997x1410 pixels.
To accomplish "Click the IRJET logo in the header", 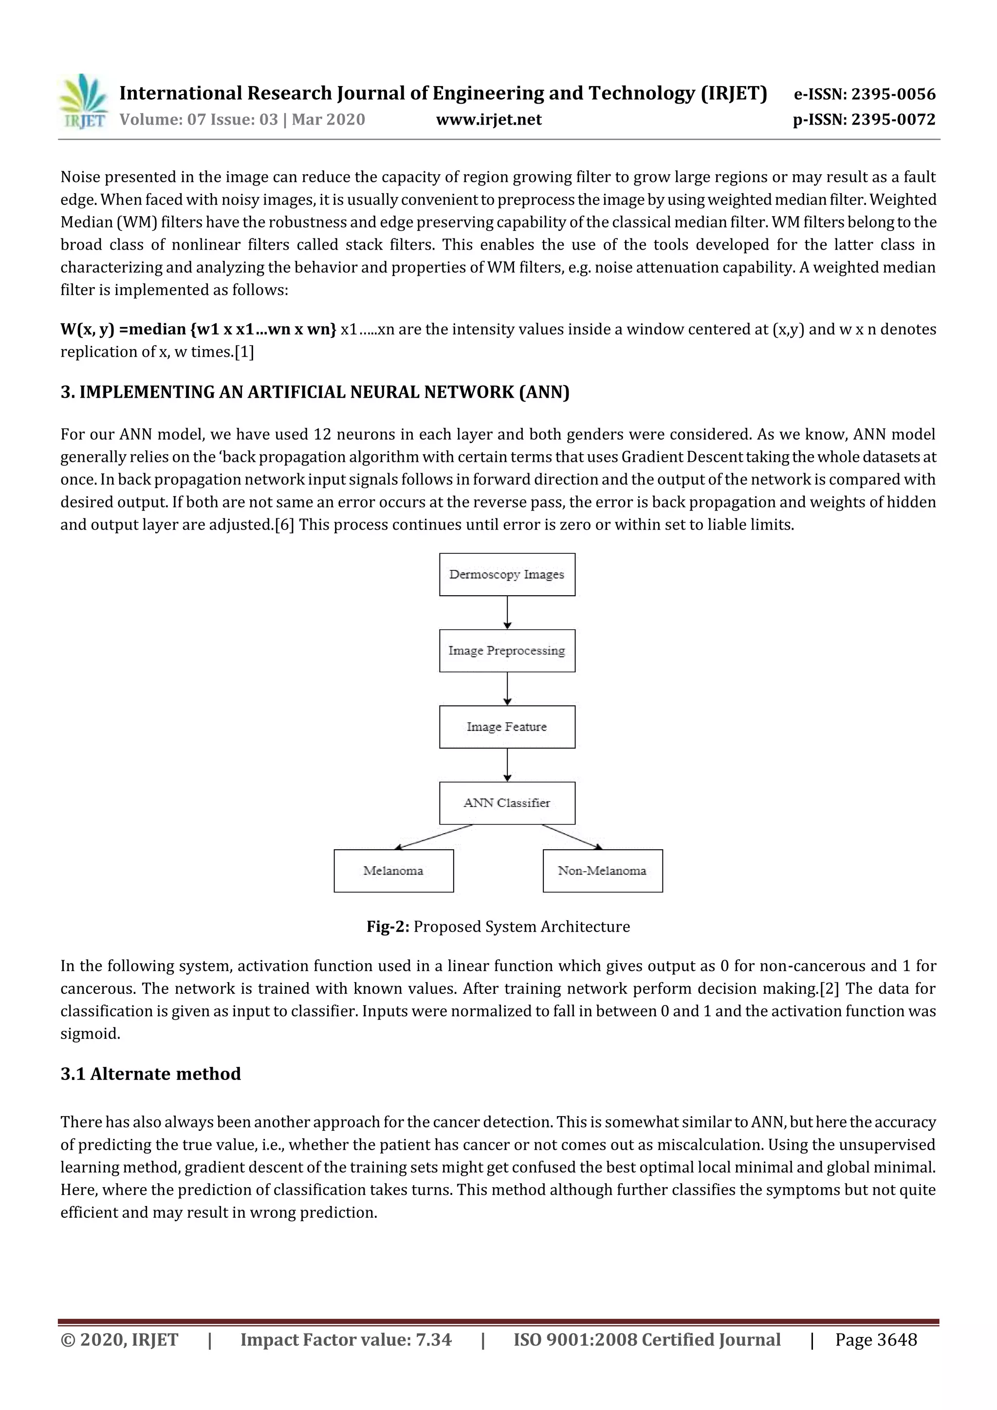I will [84, 101].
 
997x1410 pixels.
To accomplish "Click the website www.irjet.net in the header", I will [488, 119].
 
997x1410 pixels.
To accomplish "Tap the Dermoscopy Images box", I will [507, 574].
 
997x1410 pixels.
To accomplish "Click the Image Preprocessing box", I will [507, 650].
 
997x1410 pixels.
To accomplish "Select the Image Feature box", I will [507, 727].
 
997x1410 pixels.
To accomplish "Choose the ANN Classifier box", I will [507, 803].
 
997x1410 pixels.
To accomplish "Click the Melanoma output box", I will [393, 871].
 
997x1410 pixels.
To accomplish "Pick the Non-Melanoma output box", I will [602, 871].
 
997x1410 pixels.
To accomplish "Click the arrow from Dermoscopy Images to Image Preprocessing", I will [507, 612].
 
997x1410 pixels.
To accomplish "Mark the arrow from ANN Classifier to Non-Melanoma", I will [572, 837].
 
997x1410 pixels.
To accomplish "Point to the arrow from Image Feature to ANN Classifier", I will [507, 765].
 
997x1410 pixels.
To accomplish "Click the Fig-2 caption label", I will [388, 927].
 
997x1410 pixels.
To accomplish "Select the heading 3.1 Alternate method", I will [150, 1074].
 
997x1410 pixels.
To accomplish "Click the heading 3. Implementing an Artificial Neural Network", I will [314, 392].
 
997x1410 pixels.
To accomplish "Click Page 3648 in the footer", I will [875, 1339].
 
